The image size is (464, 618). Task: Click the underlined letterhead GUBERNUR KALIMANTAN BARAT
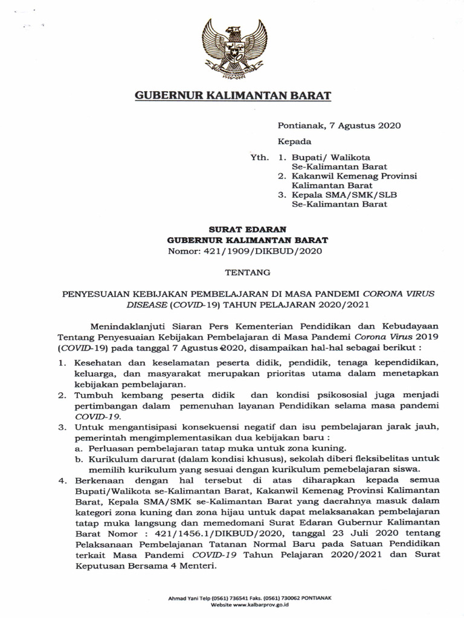(232, 96)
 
